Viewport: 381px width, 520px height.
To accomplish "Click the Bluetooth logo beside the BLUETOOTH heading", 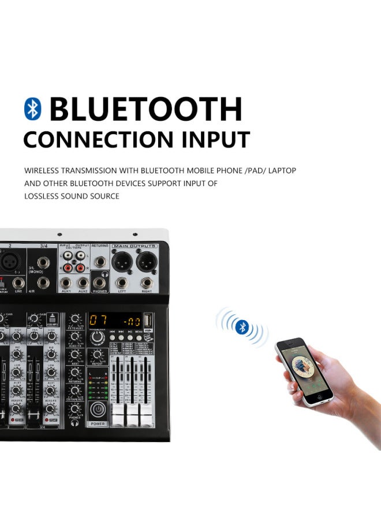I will (33, 109).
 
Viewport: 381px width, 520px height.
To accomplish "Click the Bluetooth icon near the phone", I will (242, 327).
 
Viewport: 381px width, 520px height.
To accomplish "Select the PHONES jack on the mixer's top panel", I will (100, 283).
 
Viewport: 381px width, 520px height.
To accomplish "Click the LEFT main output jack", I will (122, 283).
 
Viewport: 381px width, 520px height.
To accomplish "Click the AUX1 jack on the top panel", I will (67, 283).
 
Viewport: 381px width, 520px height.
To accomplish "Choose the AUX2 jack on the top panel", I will (83, 283).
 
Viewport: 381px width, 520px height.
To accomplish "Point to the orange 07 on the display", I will (98, 319).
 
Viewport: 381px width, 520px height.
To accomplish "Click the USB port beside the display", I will (148, 320).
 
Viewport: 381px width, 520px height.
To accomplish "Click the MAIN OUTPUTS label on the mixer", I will (135, 246).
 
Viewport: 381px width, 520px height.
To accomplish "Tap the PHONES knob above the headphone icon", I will (74, 409).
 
